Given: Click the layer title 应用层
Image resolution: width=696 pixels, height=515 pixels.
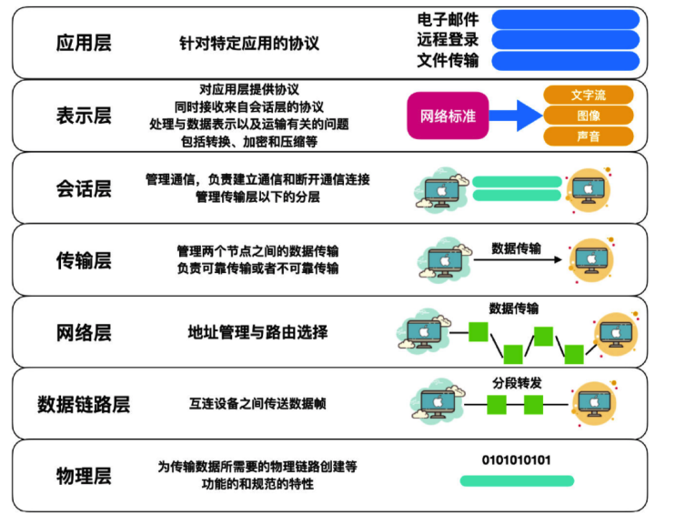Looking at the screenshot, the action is (84, 43).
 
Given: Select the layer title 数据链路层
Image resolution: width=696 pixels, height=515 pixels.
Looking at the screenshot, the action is (84, 404).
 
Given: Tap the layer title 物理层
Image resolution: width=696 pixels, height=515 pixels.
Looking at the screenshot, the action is (84, 476).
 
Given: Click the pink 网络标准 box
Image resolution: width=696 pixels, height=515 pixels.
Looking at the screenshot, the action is (448, 116).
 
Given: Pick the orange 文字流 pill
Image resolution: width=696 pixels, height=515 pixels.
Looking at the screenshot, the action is (588, 95).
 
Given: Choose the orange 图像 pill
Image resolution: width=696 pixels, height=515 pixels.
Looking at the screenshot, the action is (588, 116).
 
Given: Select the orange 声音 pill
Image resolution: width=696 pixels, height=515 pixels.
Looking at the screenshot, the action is (588, 136).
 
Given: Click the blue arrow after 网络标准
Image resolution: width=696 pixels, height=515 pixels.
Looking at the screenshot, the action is (516, 116).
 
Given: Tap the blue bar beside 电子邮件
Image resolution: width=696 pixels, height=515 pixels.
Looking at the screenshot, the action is (566, 19).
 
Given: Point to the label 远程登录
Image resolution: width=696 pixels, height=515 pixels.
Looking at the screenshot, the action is (448, 40).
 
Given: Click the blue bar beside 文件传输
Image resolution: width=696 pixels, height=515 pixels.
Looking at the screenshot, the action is (566, 61).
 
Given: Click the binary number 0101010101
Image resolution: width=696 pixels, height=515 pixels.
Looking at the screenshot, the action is (516, 459).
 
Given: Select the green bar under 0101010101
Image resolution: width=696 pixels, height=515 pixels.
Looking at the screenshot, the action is (517, 480).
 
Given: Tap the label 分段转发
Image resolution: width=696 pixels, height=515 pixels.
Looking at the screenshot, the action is (517, 383).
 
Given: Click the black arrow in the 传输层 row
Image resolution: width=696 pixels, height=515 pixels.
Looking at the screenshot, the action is (518, 259).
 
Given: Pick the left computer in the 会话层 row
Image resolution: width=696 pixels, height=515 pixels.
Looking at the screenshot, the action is (441, 190).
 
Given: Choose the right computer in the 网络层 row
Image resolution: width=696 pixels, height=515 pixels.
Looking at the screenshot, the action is (616, 334).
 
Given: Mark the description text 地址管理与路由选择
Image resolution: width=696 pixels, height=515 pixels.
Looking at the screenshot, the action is (257, 332).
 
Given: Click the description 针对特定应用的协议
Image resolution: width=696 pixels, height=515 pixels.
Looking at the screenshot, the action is (249, 44).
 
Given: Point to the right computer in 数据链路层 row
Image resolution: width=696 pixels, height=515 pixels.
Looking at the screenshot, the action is (595, 404).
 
